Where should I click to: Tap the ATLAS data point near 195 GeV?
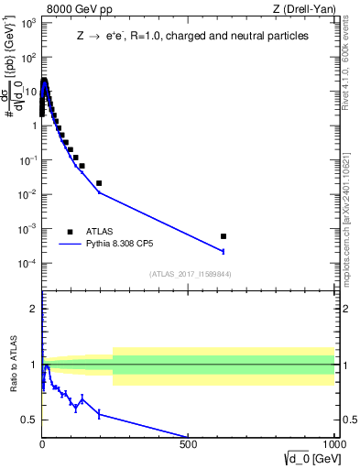tap(99, 183)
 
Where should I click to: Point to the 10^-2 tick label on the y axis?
tap(27, 194)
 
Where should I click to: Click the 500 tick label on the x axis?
tap(189, 446)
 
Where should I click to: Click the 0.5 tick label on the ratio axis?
tap(30, 420)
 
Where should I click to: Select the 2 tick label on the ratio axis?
tap(34, 309)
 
